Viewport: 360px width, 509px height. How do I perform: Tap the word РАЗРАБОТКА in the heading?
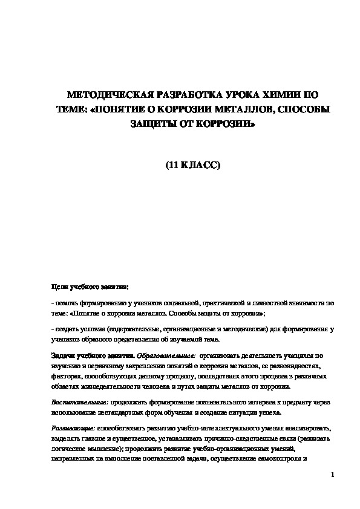178,96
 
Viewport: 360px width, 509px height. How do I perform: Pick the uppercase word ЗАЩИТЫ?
154,125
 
